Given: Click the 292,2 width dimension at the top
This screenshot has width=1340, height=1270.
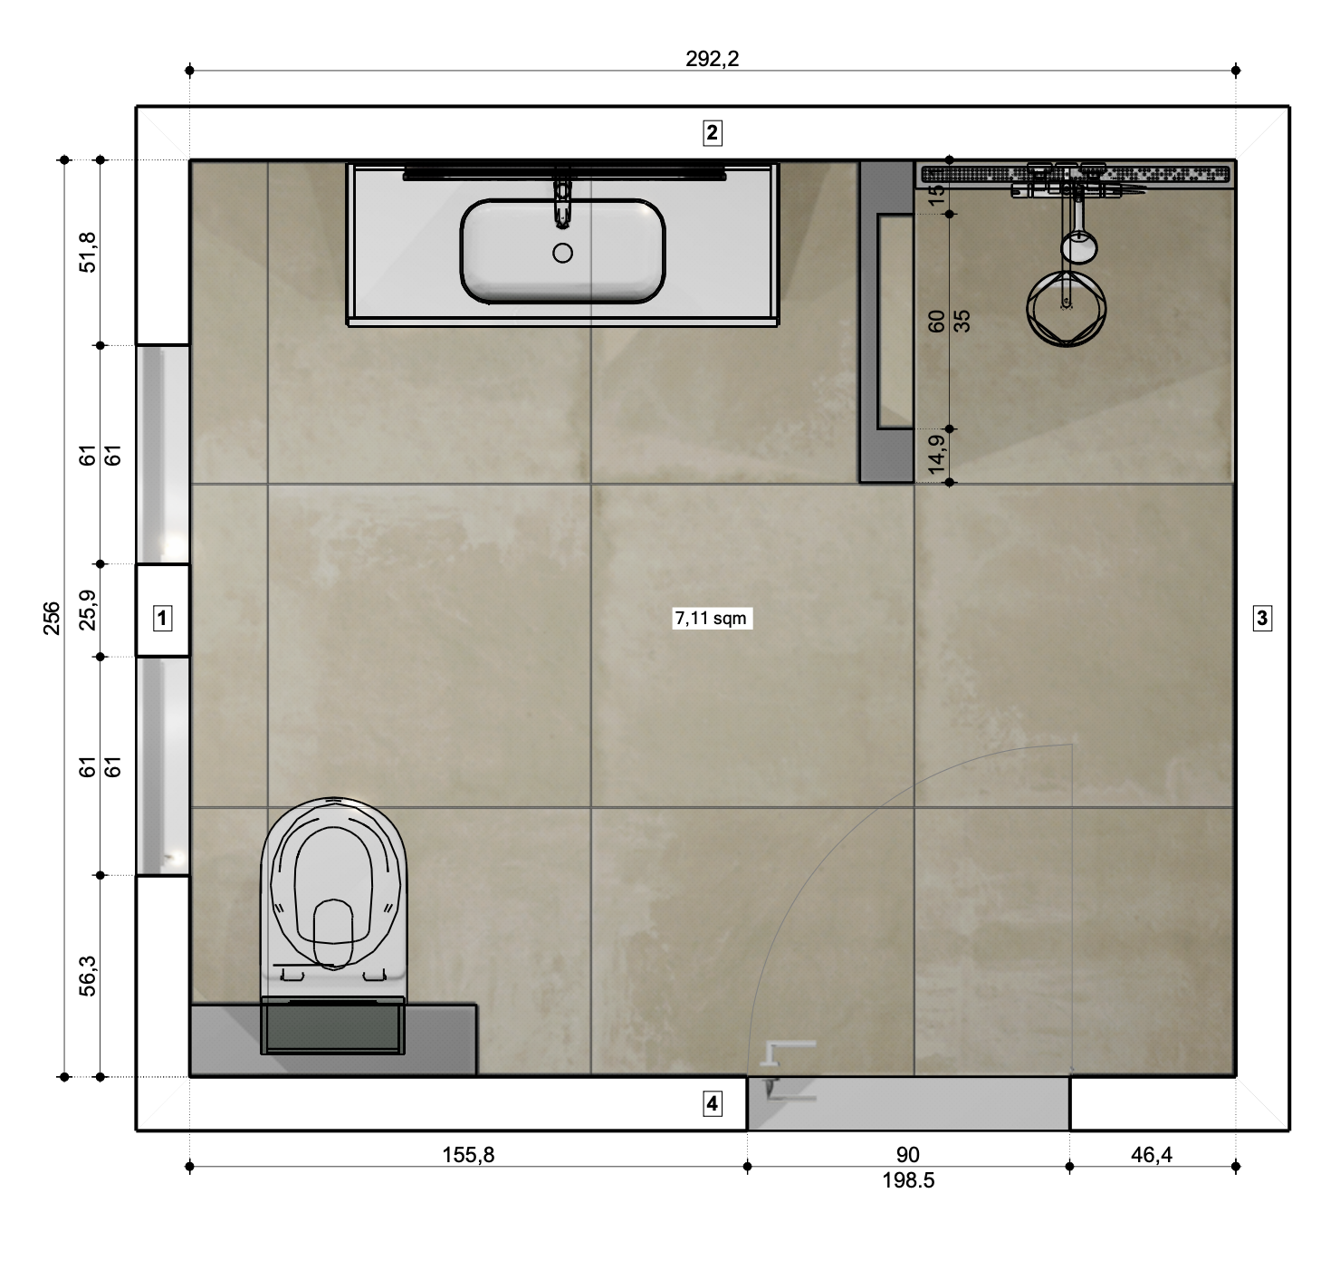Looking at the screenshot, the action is coord(712,60).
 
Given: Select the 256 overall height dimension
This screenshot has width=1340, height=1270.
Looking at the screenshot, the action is coord(52,618).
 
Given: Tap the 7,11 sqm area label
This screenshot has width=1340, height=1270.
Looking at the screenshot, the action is coord(711,618).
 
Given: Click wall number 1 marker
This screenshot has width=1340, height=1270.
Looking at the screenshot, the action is coord(161,618).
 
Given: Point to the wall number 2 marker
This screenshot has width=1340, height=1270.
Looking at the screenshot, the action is coord(713,132).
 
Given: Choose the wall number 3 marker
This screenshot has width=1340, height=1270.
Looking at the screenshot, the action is coord(1261,618).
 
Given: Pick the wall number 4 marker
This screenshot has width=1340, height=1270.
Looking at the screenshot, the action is coord(713,1103).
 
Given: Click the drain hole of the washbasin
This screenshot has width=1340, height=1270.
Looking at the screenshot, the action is coord(562,253).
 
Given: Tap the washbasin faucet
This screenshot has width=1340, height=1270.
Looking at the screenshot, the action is coord(562,197).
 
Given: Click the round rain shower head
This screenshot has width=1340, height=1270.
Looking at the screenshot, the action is coord(1066,308).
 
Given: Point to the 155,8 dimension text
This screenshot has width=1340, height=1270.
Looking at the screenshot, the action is coord(468,1155).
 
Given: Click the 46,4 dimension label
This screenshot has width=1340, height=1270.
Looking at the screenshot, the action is coord(1151,1155).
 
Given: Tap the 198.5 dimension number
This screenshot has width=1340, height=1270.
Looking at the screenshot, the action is coord(908,1180).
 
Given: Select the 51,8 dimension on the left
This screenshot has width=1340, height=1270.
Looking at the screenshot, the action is coord(88,253).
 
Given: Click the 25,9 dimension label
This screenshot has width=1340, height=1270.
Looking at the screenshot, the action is coord(88,610).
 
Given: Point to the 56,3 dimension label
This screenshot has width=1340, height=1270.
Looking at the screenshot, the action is coord(88,976).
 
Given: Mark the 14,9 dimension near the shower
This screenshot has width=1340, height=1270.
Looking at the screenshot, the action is coord(937,454).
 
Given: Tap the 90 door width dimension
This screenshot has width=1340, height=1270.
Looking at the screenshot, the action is coord(908,1155).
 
